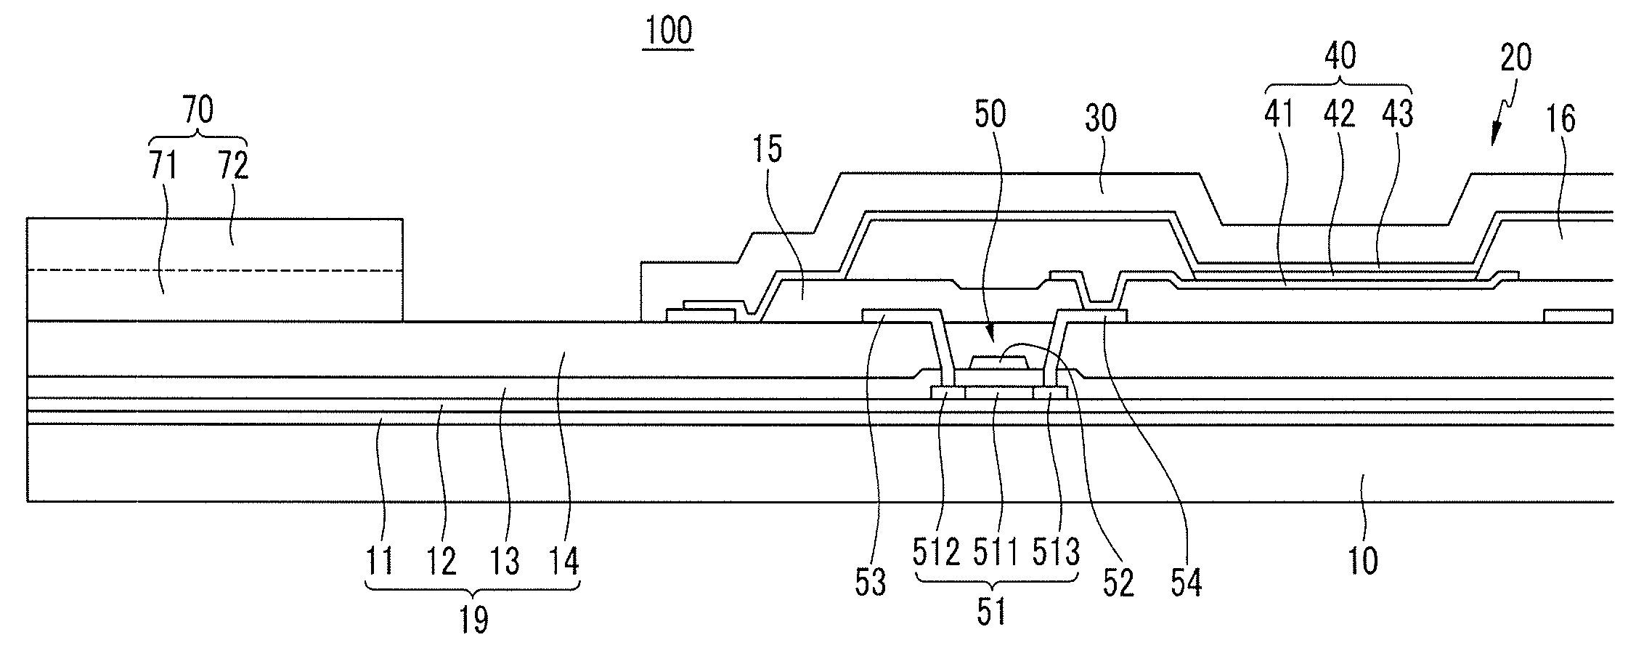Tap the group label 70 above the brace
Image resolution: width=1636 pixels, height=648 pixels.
pyautogui.click(x=198, y=111)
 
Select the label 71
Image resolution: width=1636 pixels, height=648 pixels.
pyautogui.click(x=163, y=166)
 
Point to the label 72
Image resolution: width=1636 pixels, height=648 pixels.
pyautogui.click(x=232, y=166)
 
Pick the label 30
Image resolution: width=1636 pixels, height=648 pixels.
pyautogui.click(x=1099, y=118)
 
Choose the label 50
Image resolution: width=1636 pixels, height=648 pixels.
pyautogui.click(x=990, y=114)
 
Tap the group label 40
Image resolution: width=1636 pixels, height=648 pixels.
pyautogui.click(x=1340, y=57)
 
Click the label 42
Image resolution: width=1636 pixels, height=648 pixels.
pyautogui.click(x=1340, y=114)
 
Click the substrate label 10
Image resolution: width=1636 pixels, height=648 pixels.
pyautogui.click(x=1363, y=561)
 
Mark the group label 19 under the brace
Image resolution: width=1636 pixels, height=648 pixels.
pyautogui.click(x=473, y=620)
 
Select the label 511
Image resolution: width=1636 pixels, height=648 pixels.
pyautogui.click(x=996, y=554)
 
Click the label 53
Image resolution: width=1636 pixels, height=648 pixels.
pyautogui.click(x=870, y=582)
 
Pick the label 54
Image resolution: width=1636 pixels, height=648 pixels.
pyautogui.click(x=1185, y=582)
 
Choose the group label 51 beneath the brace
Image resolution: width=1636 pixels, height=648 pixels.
pyautogui.click(x=991, y=612)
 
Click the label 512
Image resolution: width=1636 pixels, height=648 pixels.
pyautogui.click(x=936, y=554)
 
